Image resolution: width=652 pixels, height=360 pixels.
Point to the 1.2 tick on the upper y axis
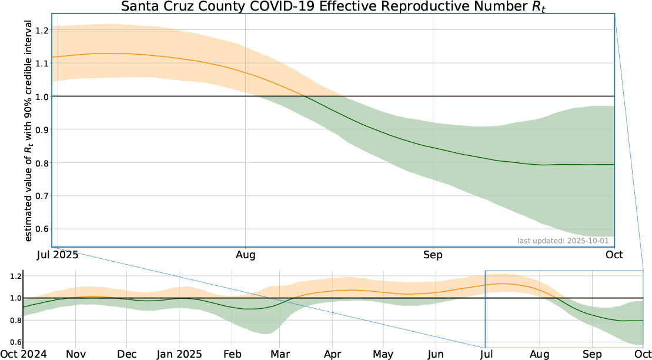coord(42,30)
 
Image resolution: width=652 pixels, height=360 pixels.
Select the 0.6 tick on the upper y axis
coord(42,229)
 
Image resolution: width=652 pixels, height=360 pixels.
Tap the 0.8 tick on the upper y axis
coord(42,163)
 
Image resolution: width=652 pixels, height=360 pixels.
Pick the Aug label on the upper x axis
coord(245,255)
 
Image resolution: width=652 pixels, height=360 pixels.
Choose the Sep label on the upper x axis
coord(433,255)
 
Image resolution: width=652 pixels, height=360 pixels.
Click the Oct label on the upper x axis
coord(614,255)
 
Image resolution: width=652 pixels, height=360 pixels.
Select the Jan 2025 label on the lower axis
coord(180,354)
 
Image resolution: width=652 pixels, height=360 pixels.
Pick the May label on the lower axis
coord(383,354)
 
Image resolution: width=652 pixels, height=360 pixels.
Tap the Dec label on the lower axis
coord(127,354)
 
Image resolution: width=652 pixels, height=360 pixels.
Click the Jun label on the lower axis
coord(436,354)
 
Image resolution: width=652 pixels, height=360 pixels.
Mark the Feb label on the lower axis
coord(232,354)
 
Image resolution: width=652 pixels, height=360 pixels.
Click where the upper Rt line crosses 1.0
coord(305,96)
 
